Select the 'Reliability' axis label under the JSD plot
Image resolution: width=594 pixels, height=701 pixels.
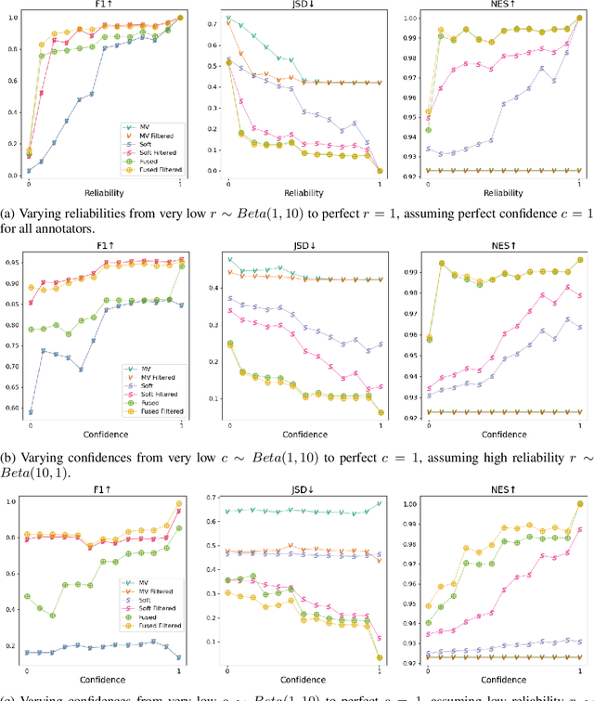tap(300, 193)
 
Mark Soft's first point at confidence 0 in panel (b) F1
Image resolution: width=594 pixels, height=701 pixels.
tap(30, 412)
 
